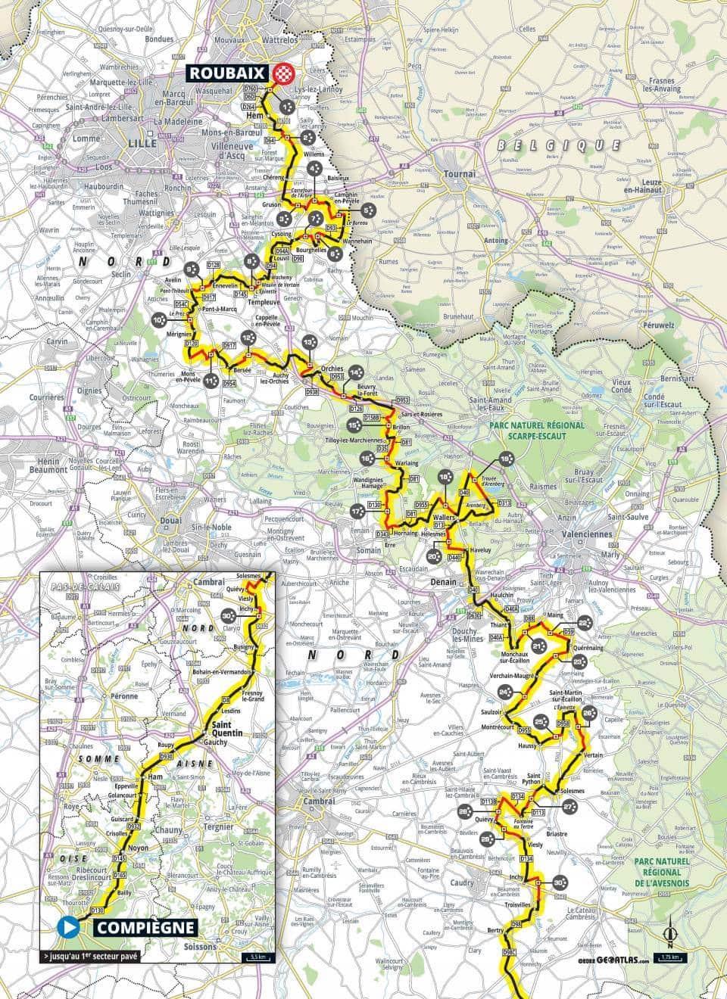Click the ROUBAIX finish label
[x=236, y=73]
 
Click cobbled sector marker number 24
[x=505, y=691]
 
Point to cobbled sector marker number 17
[x=357, y=512]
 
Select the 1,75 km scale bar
[x=673, y=958]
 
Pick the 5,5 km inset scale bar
[x=254, y=957]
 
